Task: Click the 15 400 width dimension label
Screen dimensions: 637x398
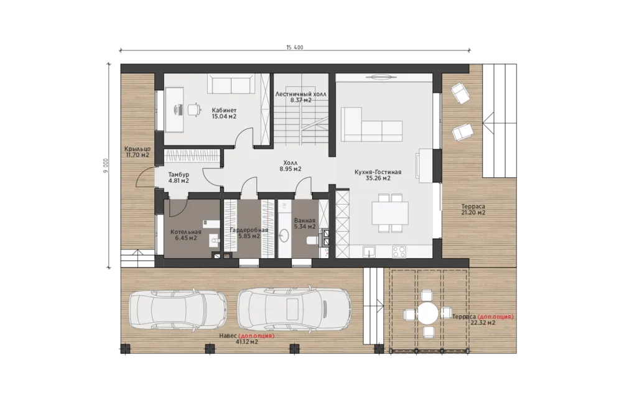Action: coord(294,47)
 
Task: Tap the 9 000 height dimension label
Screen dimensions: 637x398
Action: coord(106,165)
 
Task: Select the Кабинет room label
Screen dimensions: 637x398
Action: coord(224,110)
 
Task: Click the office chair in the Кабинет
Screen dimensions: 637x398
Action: coord(194,109)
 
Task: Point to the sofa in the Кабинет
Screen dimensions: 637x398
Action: coord(231,84)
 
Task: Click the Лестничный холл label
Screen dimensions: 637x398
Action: coord(300,94)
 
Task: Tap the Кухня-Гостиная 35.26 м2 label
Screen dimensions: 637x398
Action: coord(378,175)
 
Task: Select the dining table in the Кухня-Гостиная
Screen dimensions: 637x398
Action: coord(390,213)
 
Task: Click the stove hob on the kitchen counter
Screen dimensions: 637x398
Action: coord(399,251)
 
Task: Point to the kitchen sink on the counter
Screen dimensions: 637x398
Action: coord(370,251)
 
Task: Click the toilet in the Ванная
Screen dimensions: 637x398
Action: coord(312,241)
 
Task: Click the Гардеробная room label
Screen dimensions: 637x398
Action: coord(249,230)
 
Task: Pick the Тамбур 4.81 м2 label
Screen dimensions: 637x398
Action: coord(179,178)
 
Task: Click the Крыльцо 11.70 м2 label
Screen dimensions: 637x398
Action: coord(137,152)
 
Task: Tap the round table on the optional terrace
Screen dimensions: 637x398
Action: coord(428,313)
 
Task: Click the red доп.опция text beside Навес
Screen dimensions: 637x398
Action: coord(256,336)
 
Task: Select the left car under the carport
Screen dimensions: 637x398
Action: coord(178,310)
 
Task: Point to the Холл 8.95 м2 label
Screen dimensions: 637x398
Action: coord(291,165)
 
